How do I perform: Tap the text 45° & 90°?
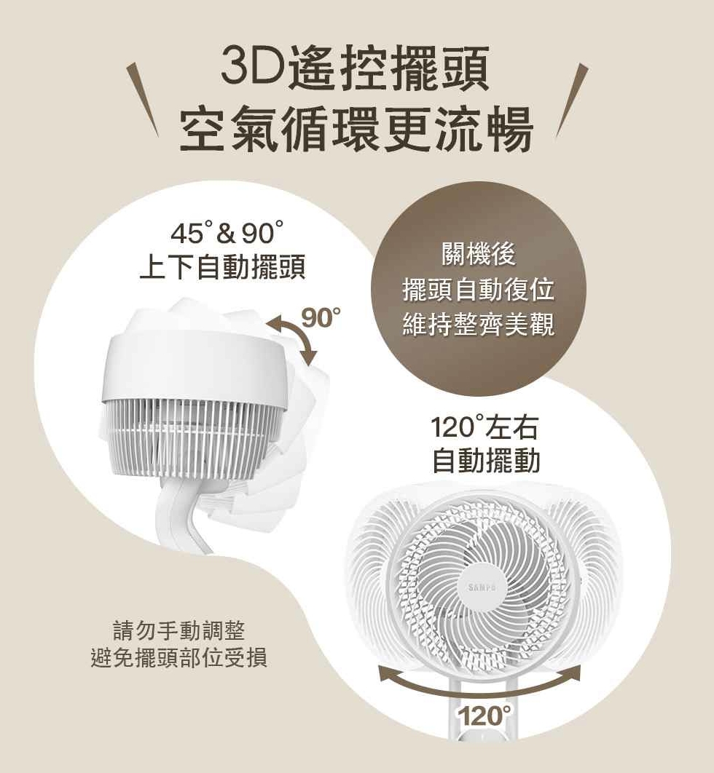pyautogui.click(x=227, y=234)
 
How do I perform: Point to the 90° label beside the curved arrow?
pyautogui.click(x=321, y=319)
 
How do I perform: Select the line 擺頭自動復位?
pyautogui.click(x=479, y=290)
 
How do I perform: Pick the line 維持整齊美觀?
pyautogui.click(x=479, y=325)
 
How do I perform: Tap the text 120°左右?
pyautogui.click(x=484, y=427)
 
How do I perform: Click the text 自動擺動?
pyautogui.click(x=486, y=461)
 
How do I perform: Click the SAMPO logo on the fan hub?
pyautogui.click(x=482, y=587)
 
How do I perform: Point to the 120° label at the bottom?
pyautogui.click(x=485, y=715)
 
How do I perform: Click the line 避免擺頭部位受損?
pyautogui.click(x=179, y=657)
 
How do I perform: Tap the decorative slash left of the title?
pyautogui.click(x=143, y=99)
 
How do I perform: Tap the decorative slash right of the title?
pyautogui.click(x=572, y=99)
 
